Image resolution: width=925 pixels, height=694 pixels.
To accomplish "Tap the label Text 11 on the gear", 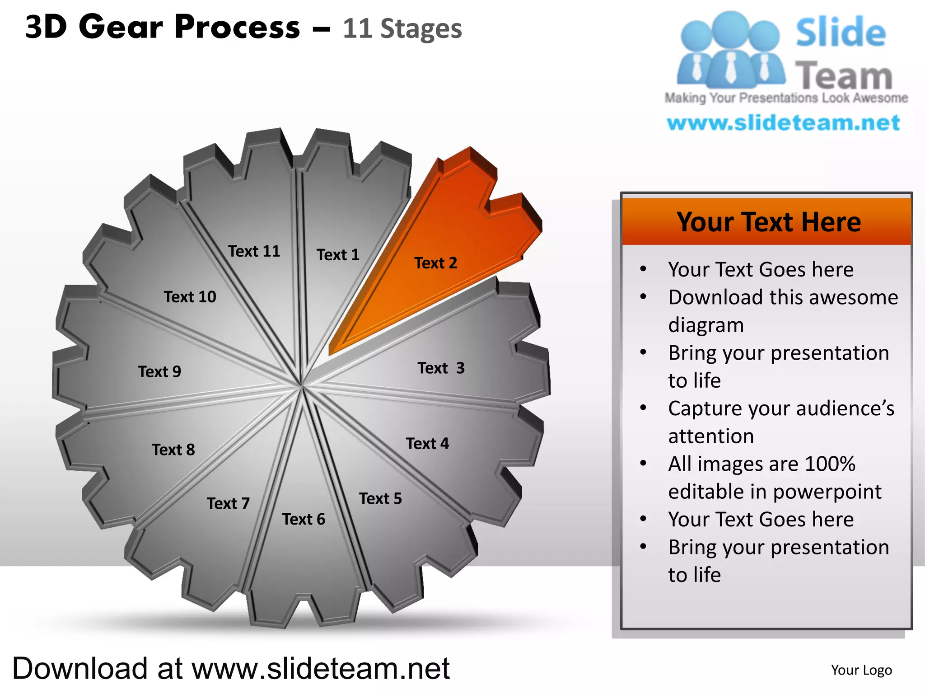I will [x=254, y=251].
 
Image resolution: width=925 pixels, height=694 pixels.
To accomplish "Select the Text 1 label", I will [x=338, y=255].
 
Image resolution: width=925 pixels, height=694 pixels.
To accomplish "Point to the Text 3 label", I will [x=441, y=368].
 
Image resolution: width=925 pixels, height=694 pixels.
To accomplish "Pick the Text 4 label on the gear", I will [x=427, y=444].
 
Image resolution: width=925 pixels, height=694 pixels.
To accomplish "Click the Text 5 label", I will [x=380, y=499].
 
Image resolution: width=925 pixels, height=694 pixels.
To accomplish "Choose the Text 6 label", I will [x=304, y=520].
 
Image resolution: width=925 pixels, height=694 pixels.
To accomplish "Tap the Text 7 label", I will [x=228, y=503].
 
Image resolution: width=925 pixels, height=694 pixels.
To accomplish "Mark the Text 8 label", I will [x=173, y=450].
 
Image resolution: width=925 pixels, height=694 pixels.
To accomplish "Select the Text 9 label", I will [x=159, y=372].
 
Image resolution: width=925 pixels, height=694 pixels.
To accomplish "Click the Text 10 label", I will [x=190, y=297].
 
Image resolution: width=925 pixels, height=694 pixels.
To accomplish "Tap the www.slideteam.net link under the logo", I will [x=783, y=123].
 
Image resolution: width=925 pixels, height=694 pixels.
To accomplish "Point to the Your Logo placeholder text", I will [x=861, y=670].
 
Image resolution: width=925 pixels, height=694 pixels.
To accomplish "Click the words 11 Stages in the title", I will [x=402, y=29].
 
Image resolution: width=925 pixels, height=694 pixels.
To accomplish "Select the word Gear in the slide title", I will [x=121, y=27].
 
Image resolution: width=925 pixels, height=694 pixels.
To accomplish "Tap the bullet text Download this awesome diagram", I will [x=782, y=311].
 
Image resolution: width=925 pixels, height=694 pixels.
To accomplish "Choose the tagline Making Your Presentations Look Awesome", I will [x=786, y=98].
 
